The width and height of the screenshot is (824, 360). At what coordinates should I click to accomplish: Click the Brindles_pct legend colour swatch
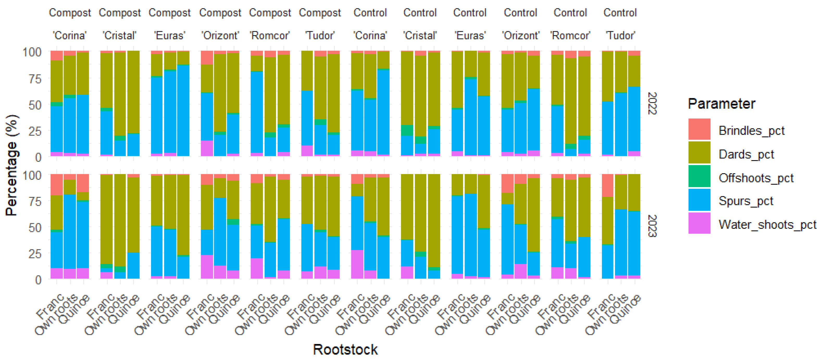point(699,129)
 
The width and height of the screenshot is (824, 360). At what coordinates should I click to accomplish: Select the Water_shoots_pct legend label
point(767,224)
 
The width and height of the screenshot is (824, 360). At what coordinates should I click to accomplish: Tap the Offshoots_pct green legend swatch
point(699,176)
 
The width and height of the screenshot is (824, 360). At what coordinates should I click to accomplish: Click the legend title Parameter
point(721,104)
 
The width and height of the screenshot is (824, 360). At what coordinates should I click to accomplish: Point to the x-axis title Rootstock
point(345,349)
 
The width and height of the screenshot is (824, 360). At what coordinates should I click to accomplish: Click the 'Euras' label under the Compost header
point(170,35)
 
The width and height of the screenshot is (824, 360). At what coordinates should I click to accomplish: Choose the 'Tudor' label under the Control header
point(620,35)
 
